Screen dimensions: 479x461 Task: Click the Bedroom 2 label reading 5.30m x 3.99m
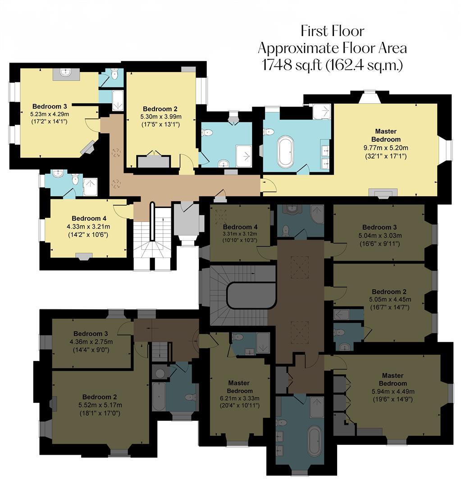[x=160, y=116]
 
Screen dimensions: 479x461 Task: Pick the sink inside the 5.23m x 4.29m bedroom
[x=66, y=73]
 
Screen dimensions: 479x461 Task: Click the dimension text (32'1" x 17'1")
[x=385, y=156]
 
